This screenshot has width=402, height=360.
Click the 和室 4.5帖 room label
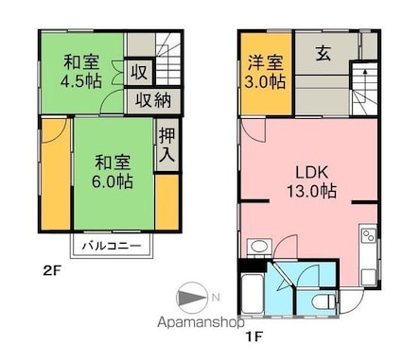coord(81,71)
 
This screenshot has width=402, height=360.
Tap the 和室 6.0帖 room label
coord(113,171)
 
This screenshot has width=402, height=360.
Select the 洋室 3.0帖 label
coord(266,72)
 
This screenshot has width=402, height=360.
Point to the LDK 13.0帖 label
coord(311,181)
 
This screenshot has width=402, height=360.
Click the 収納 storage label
coord(153,101)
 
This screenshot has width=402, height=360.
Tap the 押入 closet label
coord(167,145)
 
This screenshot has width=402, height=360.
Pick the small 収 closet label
coord(139,72)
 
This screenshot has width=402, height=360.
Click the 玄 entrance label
coord(323,53)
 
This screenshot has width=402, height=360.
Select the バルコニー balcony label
coord(112,246)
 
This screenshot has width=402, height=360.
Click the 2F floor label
coord(51,270)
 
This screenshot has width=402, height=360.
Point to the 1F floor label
coord(254,337)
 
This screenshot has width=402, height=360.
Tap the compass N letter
coord(216,297)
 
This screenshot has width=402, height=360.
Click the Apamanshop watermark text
coord(201,322)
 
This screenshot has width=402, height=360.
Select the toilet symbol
coord(323,301)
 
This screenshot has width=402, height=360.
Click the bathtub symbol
coord(253,294)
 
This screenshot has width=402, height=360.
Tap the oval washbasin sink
coord(260,246)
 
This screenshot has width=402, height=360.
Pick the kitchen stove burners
coord(368,235)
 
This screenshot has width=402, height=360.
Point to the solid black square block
coord(253,265)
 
